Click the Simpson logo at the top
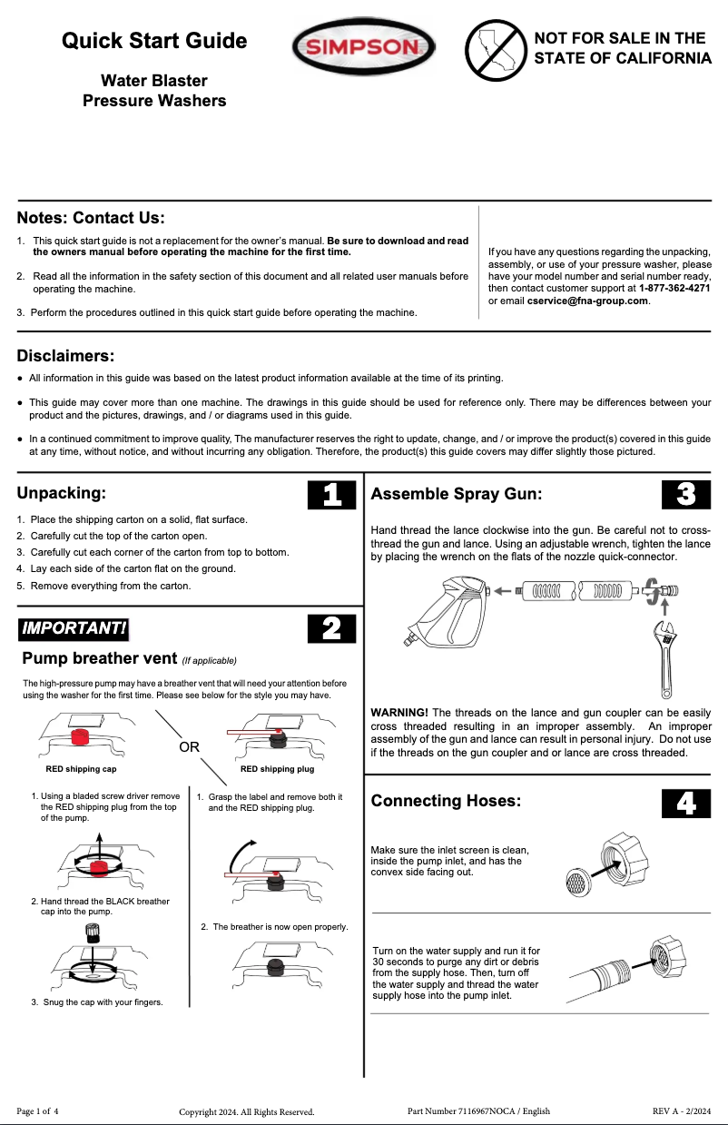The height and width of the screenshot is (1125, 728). pyautogui.click(x=362, y=47)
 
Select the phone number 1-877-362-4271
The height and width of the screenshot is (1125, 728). pyautogui.click(x=674, y=289)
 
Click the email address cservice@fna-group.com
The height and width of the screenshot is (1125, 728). pyautogui.click(x=588, y=301)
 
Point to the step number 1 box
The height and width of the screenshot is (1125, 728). pyautogui.click(x=332, y=494)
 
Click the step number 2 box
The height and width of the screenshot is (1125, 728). pyautogui.click(x=332, y=628)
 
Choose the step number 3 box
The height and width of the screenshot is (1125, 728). pyautogui.click(x=686, y=494)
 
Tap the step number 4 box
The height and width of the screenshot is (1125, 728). pyautogui.click(x=686, y=803)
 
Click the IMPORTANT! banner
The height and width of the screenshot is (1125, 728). pyautogui.click(x=74, y=628)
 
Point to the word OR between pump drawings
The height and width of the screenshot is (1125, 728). pyautogui.click(x=189, y=747)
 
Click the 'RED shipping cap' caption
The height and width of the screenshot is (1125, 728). pyautogui.click(x=81, y=770)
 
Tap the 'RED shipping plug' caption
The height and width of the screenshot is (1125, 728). pyautogui.click(x=277, y=770)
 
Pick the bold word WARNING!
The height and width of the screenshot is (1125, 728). pyautogui.click(x=399, y=713)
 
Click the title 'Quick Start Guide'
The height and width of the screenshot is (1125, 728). pyautogui.click(x=154, y=41)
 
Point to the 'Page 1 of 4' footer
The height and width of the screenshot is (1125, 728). pyautogui.click(x=37, y=1111)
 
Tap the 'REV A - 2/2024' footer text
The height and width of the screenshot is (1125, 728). pyautogui.click(x=681, y=1111)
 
